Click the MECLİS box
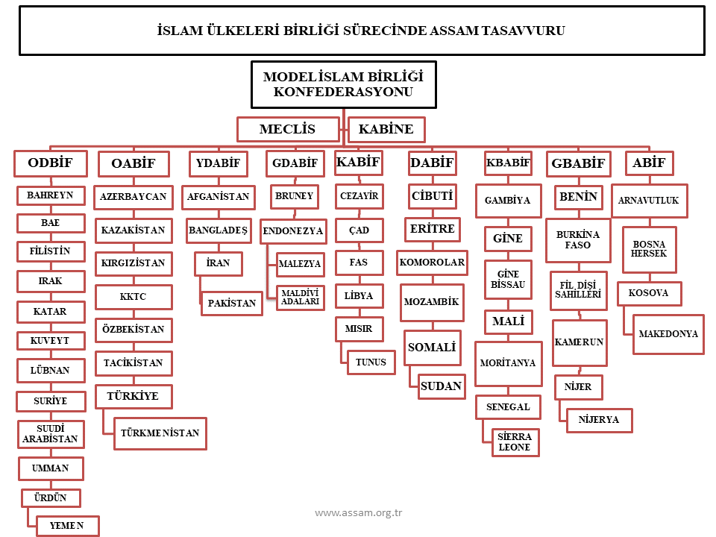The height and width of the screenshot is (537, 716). [288, 129]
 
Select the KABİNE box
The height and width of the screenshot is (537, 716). [386, 129]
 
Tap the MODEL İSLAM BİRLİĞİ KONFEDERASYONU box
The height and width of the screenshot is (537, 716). [343, 84]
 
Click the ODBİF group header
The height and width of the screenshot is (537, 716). [50, 163]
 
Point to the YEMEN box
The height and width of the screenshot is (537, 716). [66, 526]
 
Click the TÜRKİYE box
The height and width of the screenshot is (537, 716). [134, 396]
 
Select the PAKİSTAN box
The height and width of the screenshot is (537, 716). [232, 304]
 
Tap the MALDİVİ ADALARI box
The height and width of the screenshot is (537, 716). [301, 298]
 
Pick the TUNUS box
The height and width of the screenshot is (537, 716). [371, 362]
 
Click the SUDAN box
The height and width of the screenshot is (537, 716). [442, 386]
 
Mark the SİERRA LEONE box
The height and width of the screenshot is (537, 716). [515, 442]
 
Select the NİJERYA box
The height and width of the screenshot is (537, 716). [599, 420]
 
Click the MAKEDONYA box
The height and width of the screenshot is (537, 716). [668, 334]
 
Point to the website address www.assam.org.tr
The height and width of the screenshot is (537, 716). [359, 512]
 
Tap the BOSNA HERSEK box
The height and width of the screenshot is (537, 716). [649, 249]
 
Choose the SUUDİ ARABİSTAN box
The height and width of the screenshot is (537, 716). [50, 434]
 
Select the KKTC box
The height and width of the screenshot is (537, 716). [134, 297]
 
